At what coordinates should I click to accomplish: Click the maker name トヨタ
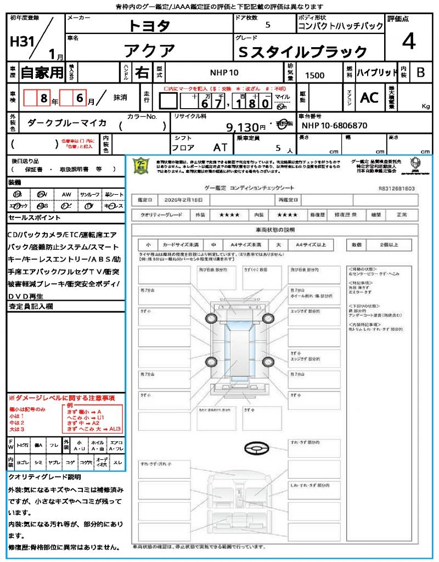coord(150,25)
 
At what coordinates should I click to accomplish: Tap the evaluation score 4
coord(408,42)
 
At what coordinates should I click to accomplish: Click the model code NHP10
coord(224,72)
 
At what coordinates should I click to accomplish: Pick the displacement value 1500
coord(314,76)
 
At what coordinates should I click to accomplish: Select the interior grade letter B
coord(420,72)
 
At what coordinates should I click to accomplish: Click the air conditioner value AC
coord(369,98)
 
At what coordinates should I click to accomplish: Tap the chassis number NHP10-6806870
coord(335,126)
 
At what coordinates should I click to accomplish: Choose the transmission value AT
coord(220,147)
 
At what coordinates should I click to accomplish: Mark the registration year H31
coord(22,42)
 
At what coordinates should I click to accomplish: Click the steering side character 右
coord(142,72)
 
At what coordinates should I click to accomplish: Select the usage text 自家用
coord(42,72)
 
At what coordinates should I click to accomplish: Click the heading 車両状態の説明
coord(275,229)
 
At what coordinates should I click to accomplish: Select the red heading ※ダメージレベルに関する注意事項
coord(61,397)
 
